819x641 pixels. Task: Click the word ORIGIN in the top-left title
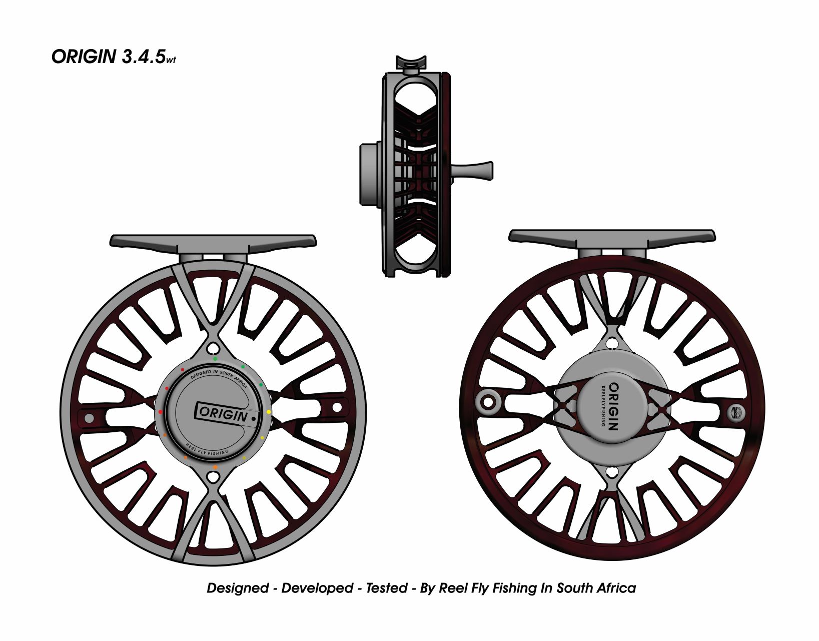point(84,57)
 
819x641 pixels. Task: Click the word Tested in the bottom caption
point(386,587)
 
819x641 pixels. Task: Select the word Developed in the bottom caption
point(317,587)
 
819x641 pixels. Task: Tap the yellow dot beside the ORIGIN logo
point(269,412)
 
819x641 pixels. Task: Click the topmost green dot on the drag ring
point(215,359)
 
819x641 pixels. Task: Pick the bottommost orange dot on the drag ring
point(215,467)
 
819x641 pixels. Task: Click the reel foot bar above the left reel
point(213,242)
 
